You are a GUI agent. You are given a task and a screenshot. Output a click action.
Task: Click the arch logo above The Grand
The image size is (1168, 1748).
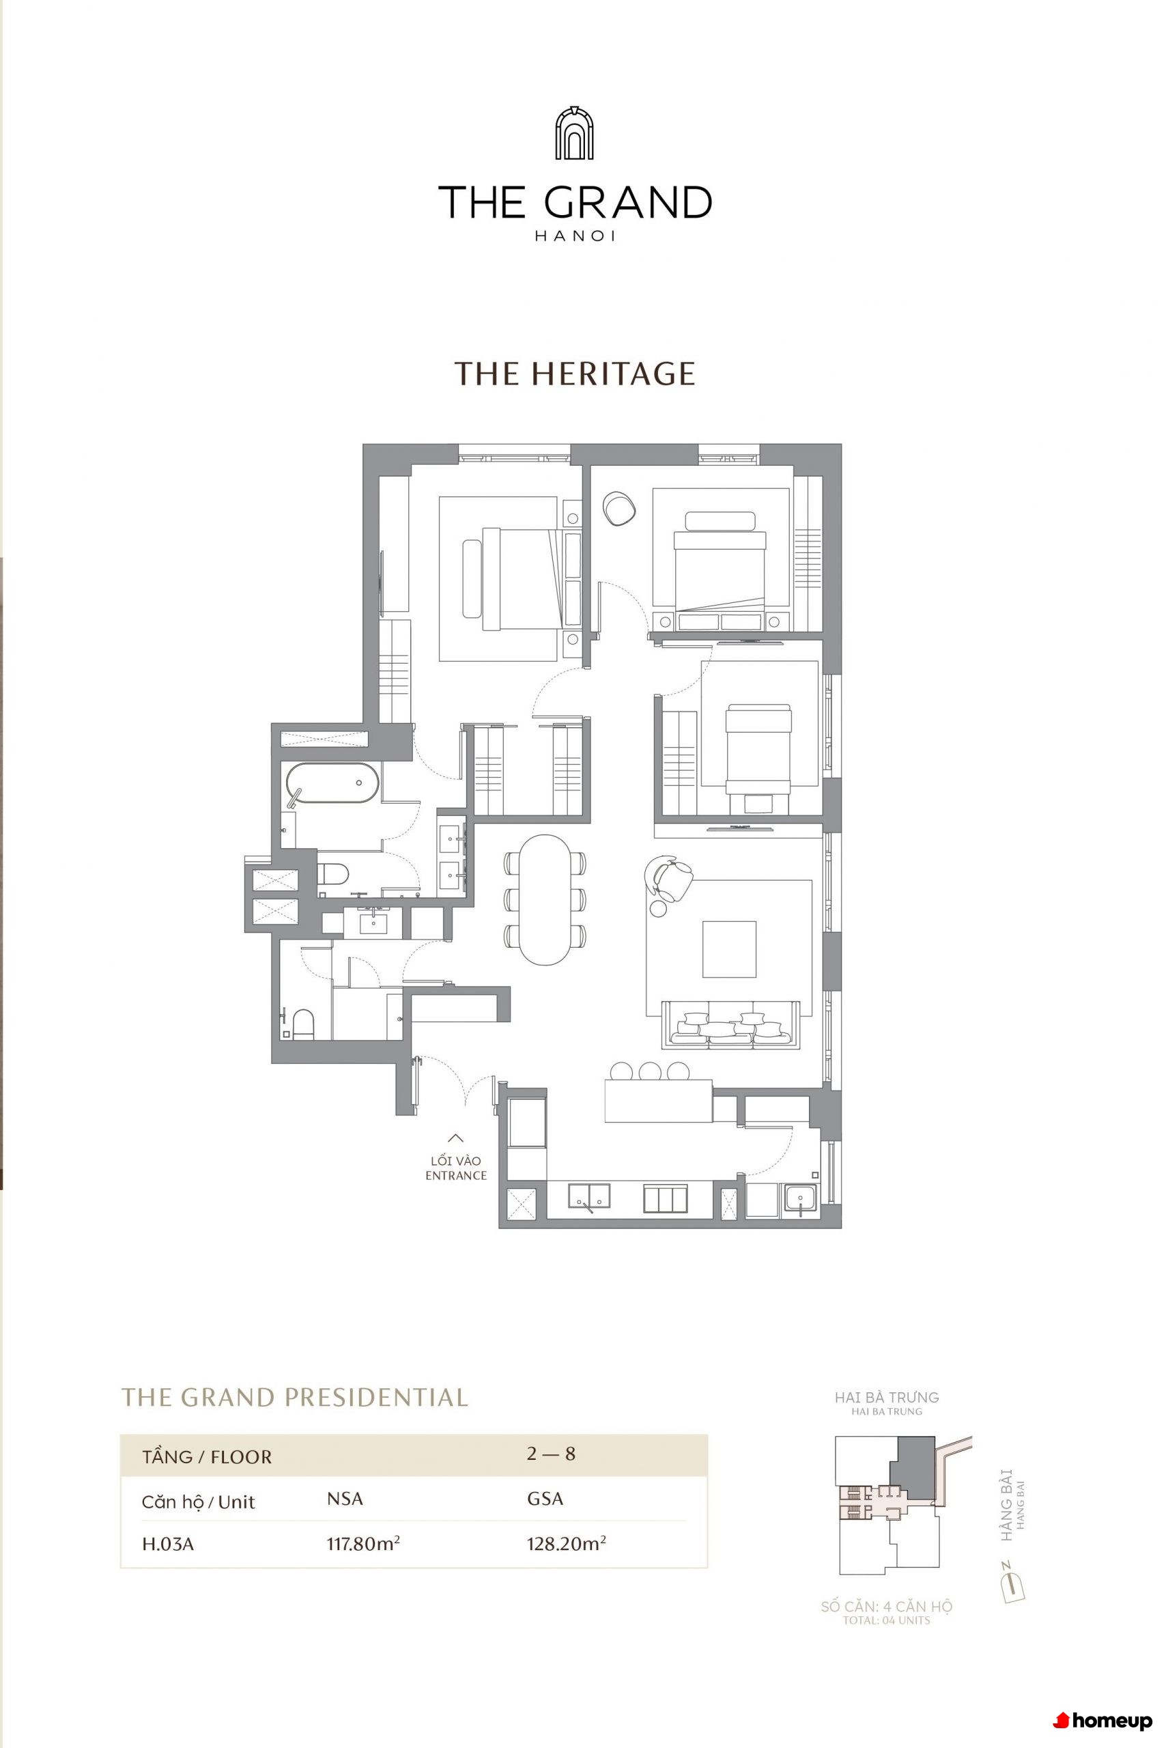[x=574, y=132]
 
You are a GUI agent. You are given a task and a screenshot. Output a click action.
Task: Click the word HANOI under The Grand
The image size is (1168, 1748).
[x=574, y=236]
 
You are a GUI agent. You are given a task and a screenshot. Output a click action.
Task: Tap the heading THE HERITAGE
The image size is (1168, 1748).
[x=574, y=373]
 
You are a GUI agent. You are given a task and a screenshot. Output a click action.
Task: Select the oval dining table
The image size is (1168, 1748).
[x=545, y=899]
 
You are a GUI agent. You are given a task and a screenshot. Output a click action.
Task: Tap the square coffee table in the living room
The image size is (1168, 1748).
[x=729, y=948]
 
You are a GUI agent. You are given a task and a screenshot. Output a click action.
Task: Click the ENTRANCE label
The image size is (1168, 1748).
[x=456, y=1175]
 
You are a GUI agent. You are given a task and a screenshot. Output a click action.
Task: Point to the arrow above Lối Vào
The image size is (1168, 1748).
[x=455, y=1138]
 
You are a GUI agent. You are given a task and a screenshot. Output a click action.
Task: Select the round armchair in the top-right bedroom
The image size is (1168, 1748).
[x=618, y=509]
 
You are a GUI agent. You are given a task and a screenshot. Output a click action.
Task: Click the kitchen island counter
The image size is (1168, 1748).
[x=659, y=1101]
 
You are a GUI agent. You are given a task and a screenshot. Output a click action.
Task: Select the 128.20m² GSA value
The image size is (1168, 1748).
[x=566, y=1542]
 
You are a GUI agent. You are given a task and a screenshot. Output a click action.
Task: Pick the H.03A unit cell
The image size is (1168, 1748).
[x=168, y=1544]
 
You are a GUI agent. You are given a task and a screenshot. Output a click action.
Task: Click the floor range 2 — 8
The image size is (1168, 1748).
[x=551, y=1454]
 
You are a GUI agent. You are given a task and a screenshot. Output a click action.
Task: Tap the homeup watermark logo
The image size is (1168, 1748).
[x=1102, y=1721]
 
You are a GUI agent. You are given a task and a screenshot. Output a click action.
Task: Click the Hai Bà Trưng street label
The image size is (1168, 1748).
[x=887, y=1398]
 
